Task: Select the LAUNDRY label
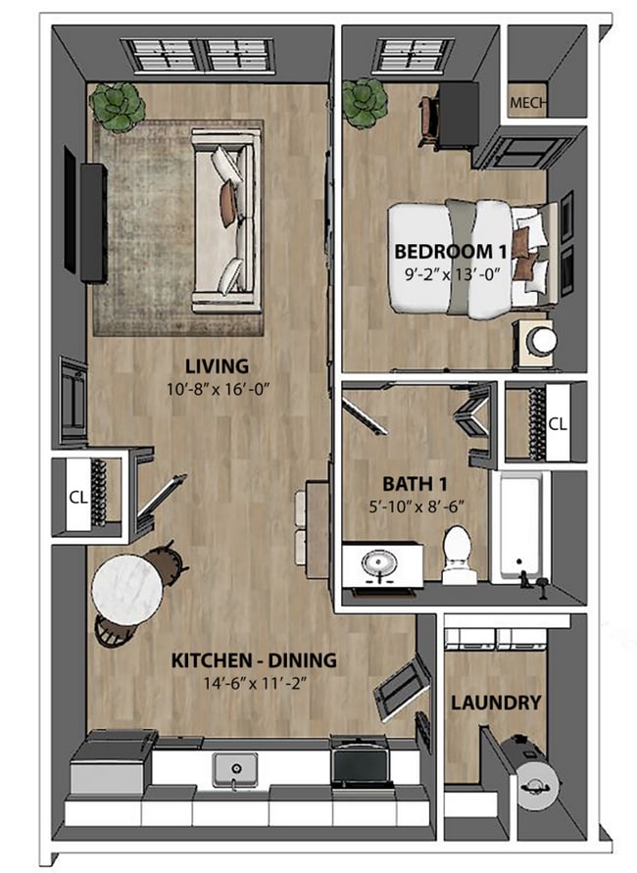[x=496, y=703]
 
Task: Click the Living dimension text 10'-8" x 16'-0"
[x=218, y=388]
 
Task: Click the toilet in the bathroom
[x=458, y=555]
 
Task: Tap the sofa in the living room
[x=227, y=220]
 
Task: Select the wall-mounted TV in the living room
[x=92, y=222]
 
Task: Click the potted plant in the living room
[x=118, y=107]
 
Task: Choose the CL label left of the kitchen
[x=78, y=496]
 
